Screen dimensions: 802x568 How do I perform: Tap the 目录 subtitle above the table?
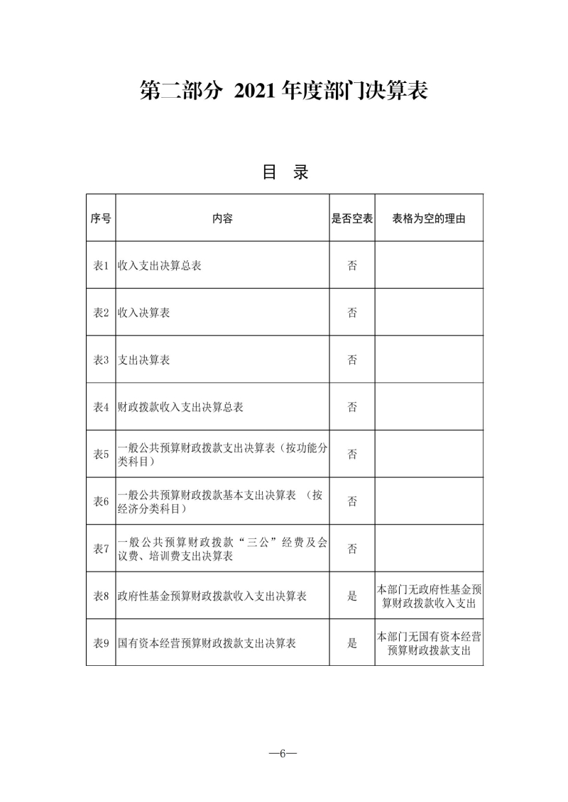[x=285, y=172]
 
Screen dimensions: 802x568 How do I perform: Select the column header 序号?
[x=101, y=218]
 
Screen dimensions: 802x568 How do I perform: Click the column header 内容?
[x=222, y=218]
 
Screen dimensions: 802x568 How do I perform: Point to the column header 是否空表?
[x=352, y=218]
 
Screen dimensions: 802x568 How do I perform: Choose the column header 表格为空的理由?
[x=429, y=218]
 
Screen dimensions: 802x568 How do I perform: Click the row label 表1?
[x=101, y=266]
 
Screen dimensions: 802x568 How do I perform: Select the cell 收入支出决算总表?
[x=160, y=266]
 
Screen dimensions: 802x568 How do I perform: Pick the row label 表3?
[x=101, y=360]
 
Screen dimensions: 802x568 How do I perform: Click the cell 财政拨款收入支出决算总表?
[x=181, y=407]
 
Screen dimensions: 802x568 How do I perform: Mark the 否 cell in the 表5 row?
[x=352, y=455]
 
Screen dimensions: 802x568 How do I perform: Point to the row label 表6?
[x=101, y=501]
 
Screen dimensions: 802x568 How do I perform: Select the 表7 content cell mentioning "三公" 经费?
[x=222, y=549]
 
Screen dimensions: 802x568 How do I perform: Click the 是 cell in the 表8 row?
[x=352, y=596]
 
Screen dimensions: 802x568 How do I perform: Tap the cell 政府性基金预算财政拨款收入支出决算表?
[x=212, y=596]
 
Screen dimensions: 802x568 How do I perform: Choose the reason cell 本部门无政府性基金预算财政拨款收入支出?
[x=429, y=596]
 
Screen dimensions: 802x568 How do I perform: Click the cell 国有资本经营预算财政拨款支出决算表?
[x=207, y=643]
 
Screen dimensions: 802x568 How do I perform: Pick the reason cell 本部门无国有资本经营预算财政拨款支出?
[x=429, y=643]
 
